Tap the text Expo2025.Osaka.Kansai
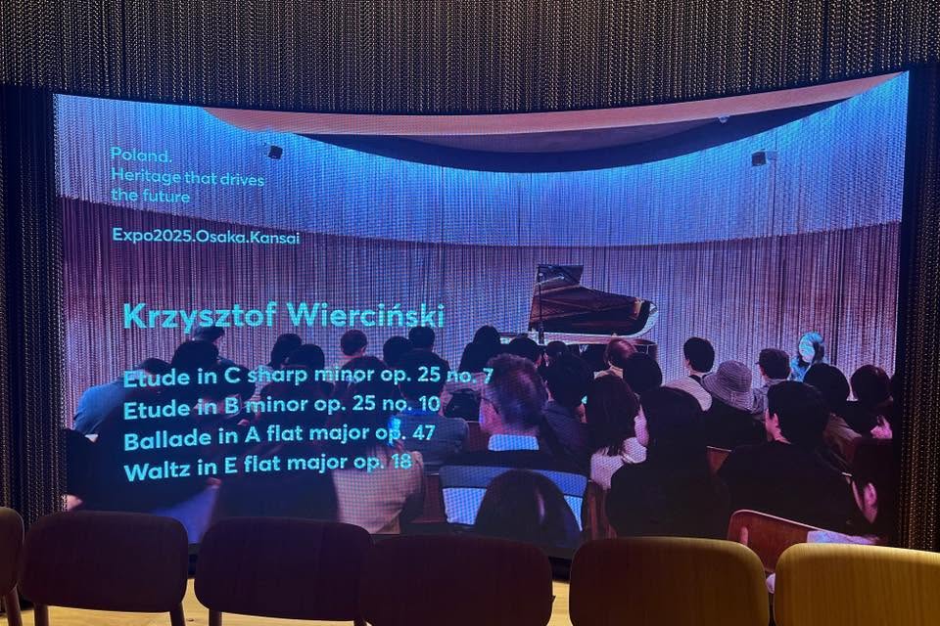[x=206, y=236]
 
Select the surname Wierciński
[x=365, y=316]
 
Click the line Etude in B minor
[x=282, y=406]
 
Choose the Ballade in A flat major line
[x=279, y=436]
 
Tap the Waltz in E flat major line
[x=268, y=466]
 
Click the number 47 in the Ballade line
[x=423, y=431]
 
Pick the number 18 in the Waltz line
[x=400, y=461]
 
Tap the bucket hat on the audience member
[x=728, y=383]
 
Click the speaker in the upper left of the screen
[x=274, y=153]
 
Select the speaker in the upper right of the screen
[x=758, y=158]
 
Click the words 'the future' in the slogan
[x=151, y=196]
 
